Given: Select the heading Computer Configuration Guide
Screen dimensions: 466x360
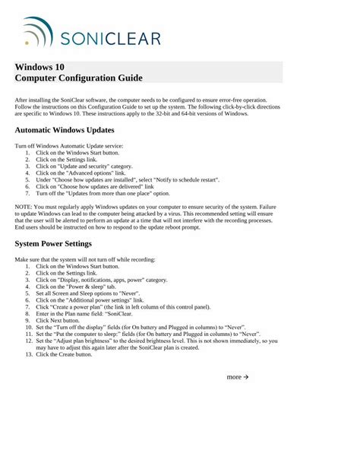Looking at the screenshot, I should coord(79,78).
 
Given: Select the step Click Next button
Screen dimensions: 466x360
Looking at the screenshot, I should coord(58,321).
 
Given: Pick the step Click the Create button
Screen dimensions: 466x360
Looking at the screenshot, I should coord(65,354).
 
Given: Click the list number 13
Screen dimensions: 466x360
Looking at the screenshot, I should coord(28,354).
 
